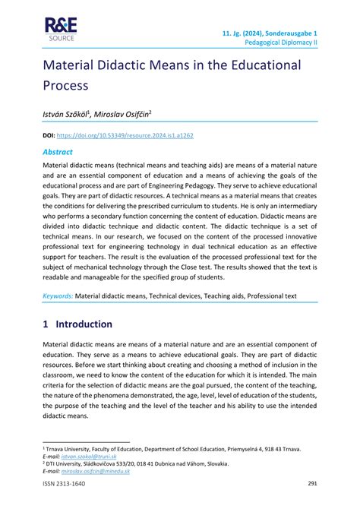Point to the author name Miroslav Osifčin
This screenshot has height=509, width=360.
pos(122,114)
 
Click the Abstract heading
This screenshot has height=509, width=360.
pos(61,151)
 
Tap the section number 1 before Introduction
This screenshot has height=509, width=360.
pos(46,324)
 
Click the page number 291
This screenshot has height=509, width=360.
pos(311,484)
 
